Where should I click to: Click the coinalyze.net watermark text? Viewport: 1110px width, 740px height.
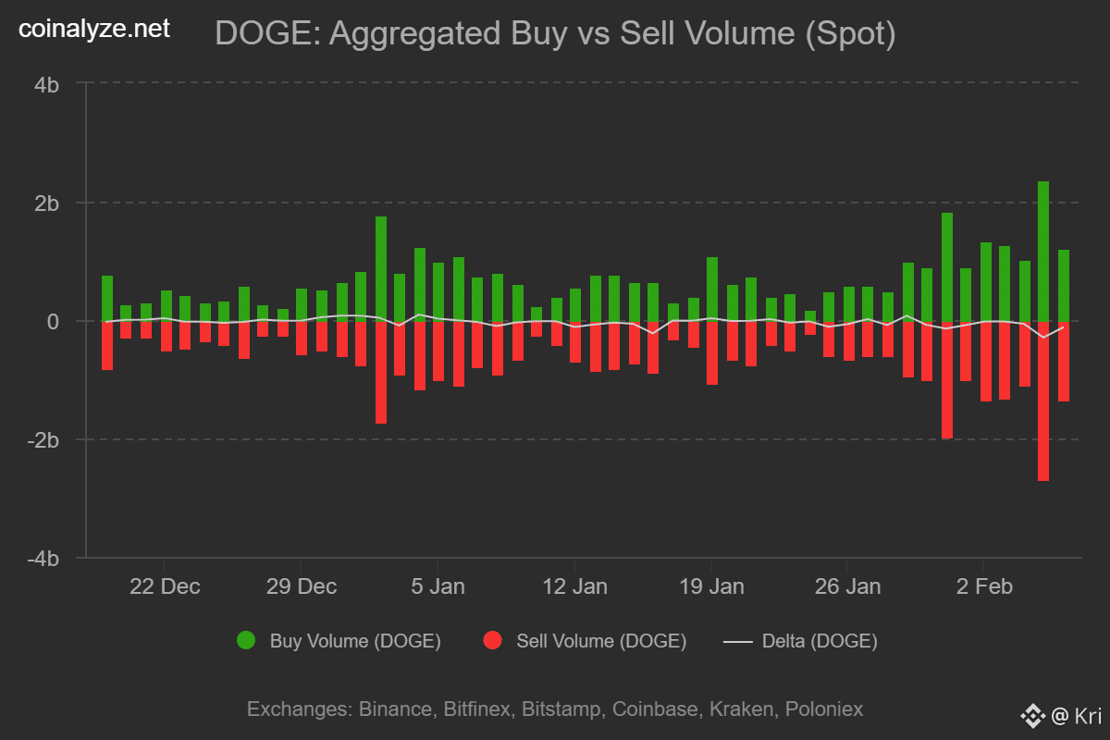point(95,30)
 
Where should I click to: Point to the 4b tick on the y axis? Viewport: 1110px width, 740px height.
point(47,84)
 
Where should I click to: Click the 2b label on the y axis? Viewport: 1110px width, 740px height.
point(47,203)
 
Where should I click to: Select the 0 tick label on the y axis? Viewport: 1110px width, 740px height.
point(54,321)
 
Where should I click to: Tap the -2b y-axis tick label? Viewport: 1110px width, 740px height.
point(44,439)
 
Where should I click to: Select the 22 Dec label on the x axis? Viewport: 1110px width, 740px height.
point(165,586)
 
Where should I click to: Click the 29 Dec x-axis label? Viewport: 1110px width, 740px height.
point(301,586)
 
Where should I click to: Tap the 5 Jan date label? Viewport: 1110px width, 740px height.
point(438,586)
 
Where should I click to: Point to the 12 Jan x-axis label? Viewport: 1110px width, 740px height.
point(573,586)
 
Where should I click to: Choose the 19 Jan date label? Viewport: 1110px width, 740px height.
point(710,586)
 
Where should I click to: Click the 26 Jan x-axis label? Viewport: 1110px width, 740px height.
point(846,586)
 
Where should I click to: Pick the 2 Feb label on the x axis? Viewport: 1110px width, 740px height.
point(983,586)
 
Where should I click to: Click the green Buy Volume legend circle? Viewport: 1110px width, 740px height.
point(246,640)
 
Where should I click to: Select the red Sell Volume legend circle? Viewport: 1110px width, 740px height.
point(492,640)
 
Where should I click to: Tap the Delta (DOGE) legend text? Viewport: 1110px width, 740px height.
point(819,640)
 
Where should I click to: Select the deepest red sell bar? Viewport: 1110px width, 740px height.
point(1043,402)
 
